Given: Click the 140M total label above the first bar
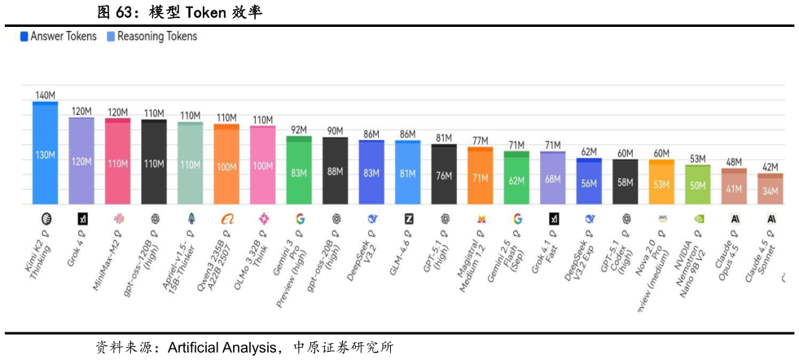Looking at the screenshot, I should pyautogui.click(x=45, y=95).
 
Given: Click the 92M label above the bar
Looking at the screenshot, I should pyautogui.click(x=299, y=130).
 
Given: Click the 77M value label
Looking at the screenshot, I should pyautogui.click(x=480, y=141).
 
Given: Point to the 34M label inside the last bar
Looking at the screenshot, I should pyautogui.click(x=770, y=192).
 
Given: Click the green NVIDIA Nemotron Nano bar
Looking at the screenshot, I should pyautogui.click(x=697, y=185).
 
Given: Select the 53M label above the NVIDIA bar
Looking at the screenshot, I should pyautogui.click(x=697, y=159).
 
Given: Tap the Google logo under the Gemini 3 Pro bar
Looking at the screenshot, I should pyautogui.click(x=299, y=218).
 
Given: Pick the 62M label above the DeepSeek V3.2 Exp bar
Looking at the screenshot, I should pyautogui.click(x=589, y=151).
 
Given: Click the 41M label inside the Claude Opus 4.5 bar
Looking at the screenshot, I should pyautogui.click(x=734, y=189).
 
